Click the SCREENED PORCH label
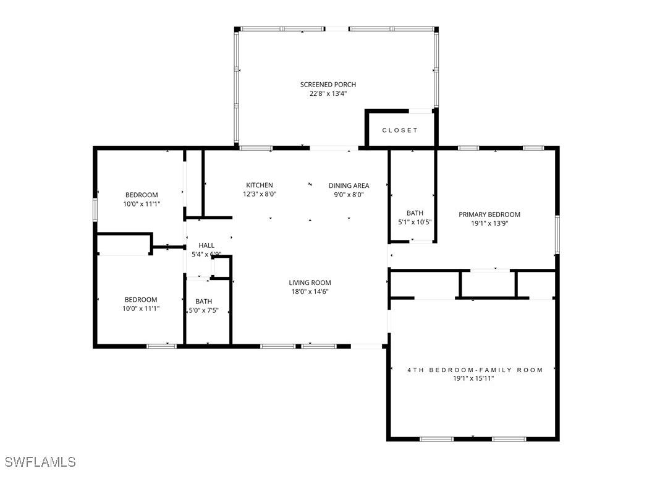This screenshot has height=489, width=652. point(328,85)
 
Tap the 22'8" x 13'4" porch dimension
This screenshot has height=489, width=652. point(328,94)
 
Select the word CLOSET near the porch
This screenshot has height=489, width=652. point(400,130)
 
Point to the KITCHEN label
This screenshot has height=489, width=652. point(260,185)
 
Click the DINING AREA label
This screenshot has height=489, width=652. point(349,185)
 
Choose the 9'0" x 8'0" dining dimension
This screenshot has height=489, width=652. point(349,194)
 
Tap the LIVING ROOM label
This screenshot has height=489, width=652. point(310,283)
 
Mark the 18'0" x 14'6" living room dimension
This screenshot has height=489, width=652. point(310,292)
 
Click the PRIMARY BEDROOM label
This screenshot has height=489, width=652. point(489,215)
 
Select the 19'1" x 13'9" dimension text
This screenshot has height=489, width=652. point(489,224)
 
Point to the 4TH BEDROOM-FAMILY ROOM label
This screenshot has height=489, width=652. point(475,370)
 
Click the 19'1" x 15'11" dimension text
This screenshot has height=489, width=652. point(473,378)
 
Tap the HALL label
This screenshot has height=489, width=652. point(206,245)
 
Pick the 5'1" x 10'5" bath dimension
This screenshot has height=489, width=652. point(415,222)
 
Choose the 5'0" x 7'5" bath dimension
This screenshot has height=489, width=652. point(204,310)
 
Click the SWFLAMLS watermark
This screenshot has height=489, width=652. point(40,462)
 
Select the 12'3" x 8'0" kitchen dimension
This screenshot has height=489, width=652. point(260,194)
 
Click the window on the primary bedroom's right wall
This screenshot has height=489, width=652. point(557,234)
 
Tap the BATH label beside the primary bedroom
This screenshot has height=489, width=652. point(415,213)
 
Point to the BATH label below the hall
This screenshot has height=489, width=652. point(204,302)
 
